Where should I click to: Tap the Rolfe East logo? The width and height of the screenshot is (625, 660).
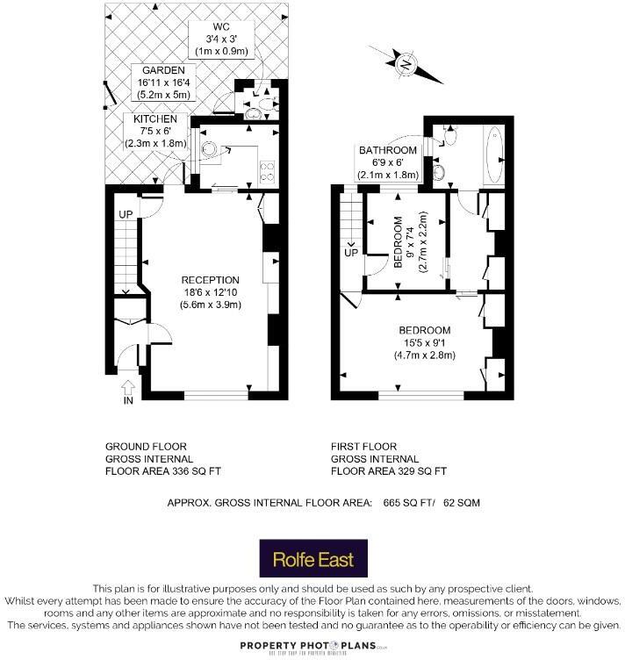(312, 557)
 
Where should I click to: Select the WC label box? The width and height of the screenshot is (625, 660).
(223, 39)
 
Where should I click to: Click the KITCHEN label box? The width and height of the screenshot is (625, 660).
(156, 131)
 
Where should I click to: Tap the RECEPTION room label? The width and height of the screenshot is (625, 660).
(211, 292)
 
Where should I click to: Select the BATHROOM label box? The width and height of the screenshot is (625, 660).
(387, 162)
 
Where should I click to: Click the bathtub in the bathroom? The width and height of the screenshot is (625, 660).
(492, 156)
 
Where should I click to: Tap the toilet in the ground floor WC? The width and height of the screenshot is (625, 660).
(256, 111)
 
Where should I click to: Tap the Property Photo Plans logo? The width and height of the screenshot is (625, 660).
(312, 646)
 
